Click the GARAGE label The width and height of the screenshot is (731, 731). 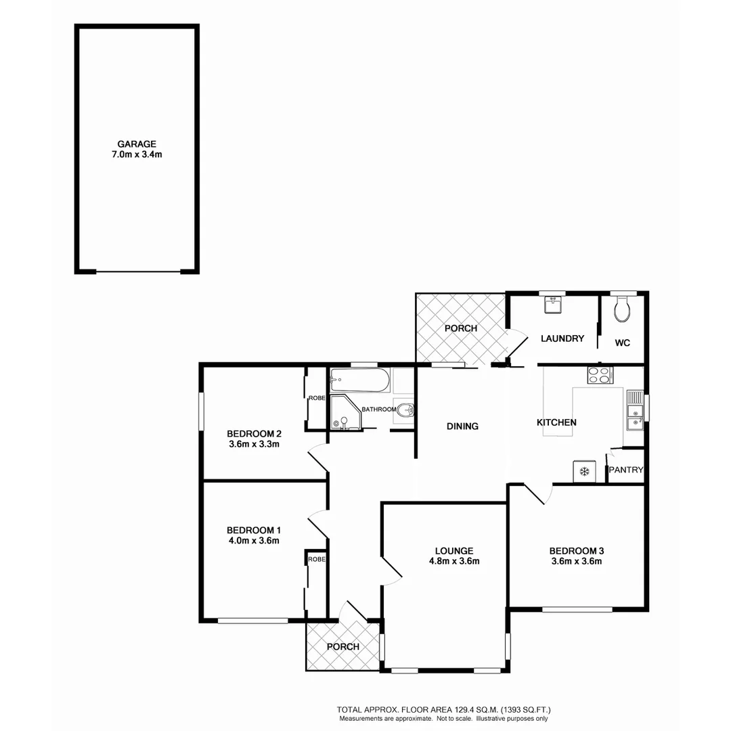[137, 143]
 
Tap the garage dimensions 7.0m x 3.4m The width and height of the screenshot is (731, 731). [137, 154]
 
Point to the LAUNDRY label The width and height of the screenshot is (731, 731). [562, 338]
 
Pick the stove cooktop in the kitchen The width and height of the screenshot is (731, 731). [599, 374]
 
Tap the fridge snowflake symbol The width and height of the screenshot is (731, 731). [583, 470]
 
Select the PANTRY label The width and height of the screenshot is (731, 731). [625, 470]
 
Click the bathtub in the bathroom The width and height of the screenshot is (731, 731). [359, 380]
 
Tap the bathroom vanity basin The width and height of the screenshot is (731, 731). [403, 409]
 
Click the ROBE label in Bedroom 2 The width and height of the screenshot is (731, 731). [316, 399]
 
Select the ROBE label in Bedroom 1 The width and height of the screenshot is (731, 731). [316, 559]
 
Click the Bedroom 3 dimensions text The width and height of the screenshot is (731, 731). [575, 560]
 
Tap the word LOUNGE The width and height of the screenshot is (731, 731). [454, 550]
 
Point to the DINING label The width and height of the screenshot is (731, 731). [462, 426]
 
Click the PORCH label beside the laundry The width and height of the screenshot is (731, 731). [460, 328]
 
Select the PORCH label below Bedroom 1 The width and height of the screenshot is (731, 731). [342, 646]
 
